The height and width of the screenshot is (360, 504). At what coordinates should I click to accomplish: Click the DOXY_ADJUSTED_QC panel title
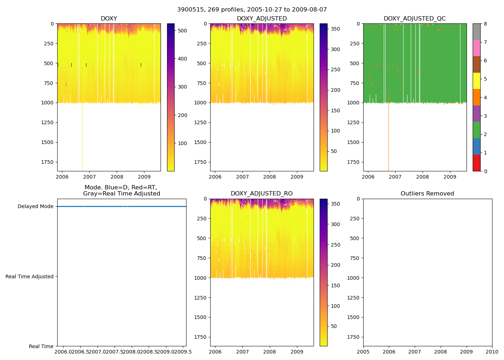[415, 18]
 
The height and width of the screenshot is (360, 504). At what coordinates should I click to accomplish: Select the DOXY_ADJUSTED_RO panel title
[262, 194]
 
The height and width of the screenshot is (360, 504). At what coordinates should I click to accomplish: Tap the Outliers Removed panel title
[427, 194]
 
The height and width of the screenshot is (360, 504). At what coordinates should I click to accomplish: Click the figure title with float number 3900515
[252, 10]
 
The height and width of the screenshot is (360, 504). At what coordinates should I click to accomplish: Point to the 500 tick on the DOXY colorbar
[183, 31]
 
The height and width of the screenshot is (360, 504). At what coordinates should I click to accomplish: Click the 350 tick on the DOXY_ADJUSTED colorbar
[335, 29]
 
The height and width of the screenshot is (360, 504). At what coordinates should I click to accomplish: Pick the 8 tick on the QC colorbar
[485, 24]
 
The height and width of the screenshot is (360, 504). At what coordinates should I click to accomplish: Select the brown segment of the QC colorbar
[476, 64]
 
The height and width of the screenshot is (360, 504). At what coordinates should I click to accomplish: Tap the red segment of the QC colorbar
[476, 163]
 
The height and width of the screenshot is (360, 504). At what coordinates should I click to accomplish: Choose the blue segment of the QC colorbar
[476, 147]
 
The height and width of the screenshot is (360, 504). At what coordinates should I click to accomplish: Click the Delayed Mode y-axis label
[35, 207]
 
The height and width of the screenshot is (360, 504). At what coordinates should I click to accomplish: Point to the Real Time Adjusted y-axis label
[30, 276]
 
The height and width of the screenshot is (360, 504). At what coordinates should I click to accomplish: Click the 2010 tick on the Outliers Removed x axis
[492, 352]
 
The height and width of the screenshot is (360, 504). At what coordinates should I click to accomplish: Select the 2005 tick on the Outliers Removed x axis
[363, 352]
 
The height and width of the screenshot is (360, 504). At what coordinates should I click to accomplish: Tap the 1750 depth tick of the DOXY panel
[48, 162]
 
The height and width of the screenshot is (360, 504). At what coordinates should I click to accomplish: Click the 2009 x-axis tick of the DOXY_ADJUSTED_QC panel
[450, 177]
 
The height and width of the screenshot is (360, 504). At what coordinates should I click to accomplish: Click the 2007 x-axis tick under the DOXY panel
[89, 177]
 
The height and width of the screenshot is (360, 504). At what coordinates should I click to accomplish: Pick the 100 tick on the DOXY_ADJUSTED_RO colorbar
[335, 306]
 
